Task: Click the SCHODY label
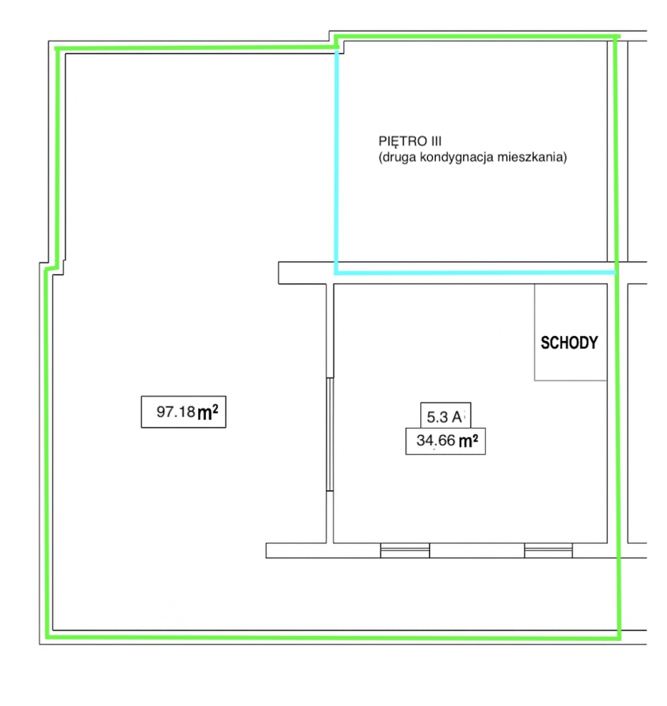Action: pyautogui.click(x=569, y=343)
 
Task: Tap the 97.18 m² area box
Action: pyautogui.click(x=183, y=412)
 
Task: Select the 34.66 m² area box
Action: pyautogui.click(x=446, y=441)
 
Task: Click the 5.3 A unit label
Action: pyautogui.click(x=446, y=416)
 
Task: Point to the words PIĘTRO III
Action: pyautogui.click(x=410, y=142)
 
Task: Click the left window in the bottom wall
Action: pyautogui.click(x=405, y=550)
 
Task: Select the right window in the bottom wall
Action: pyautogui.click(x=549, y=550)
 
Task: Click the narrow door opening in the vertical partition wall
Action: pyautogui.click(x=330, y=434)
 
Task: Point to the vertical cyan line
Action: pyautogui.click(x=336, y=162)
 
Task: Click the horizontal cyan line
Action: pyautogui.click(x=475, y=273)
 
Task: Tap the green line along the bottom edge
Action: pyautogui.click(x=333, y=638)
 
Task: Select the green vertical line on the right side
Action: pyautogui.click(x=618, y=337)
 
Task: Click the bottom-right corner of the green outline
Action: pyautogui.click(x=619, y=638)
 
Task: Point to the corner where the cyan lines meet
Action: pyautogui.click(x=336, y=273)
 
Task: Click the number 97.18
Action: pyautogui.click(x=176, y=412)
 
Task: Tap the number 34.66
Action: pyautogui.click(x=436, y=441)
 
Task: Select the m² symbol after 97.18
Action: pyautogui.click(x=208, y=412)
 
